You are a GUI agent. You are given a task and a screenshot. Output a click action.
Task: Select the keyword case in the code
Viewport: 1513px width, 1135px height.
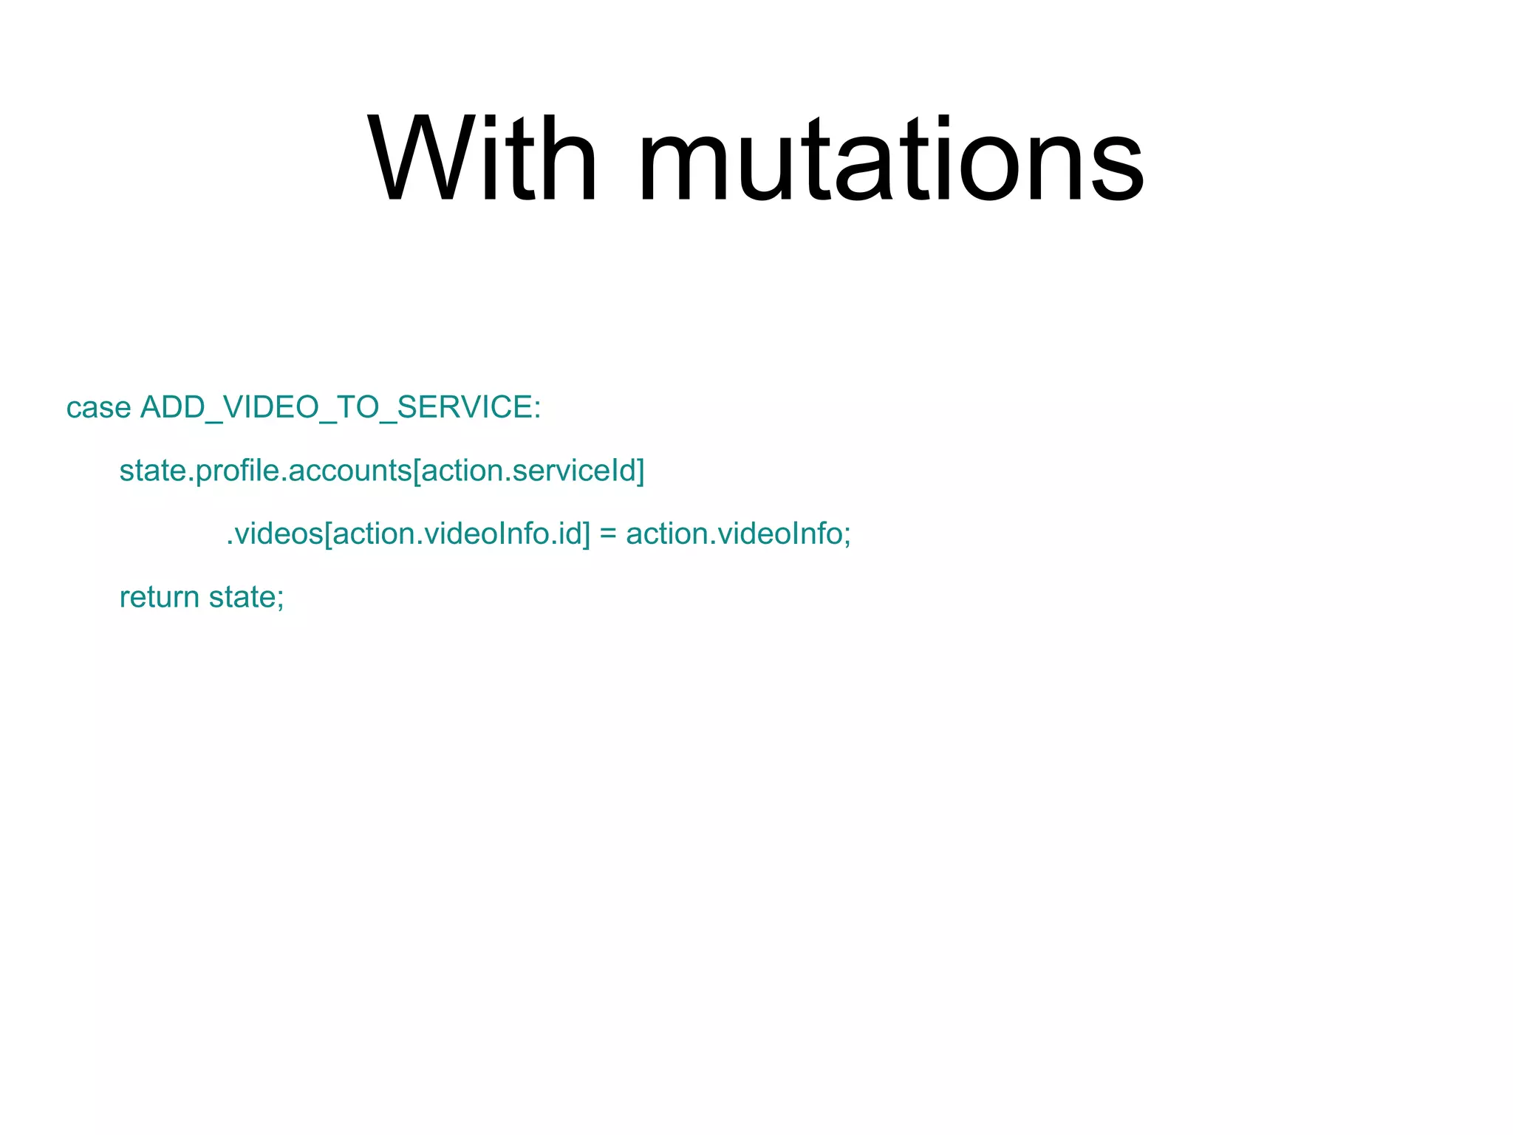98,408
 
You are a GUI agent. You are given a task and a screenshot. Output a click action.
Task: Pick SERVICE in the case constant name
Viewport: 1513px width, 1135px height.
465,408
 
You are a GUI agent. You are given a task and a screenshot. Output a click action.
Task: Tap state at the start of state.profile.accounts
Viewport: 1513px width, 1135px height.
152,471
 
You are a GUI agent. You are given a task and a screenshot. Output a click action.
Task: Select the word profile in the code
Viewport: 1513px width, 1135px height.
239,471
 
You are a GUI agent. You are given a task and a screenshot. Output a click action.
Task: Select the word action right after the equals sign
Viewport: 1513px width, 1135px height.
660,534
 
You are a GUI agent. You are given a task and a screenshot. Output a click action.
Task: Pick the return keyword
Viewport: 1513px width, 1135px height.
159,597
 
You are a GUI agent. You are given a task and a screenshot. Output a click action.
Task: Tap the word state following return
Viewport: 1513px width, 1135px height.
241,597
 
